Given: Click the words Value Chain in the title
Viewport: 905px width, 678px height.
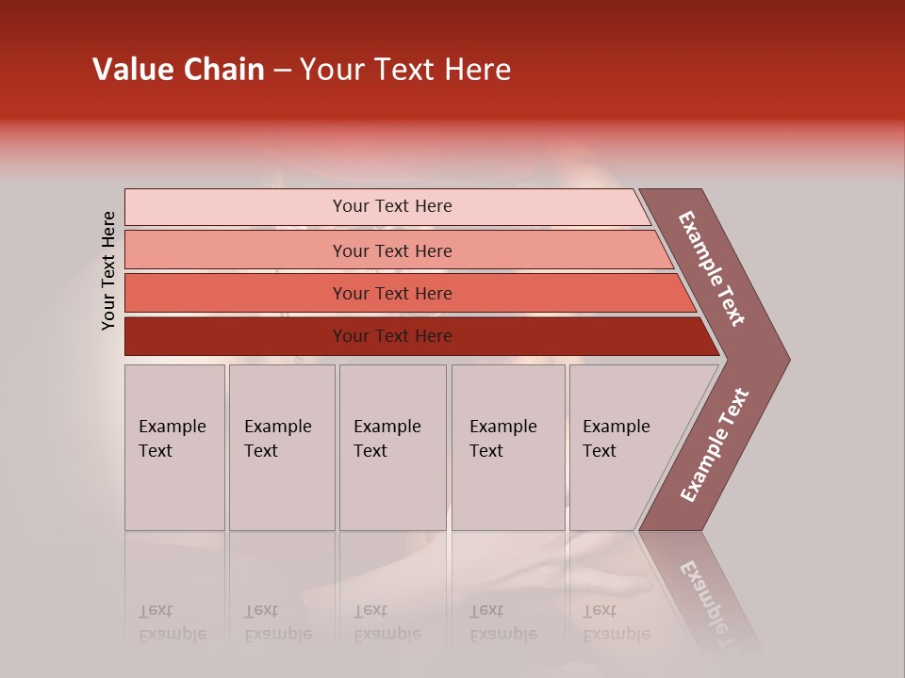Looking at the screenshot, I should coord(178,70).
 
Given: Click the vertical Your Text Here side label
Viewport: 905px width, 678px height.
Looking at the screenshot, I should coord(108,270).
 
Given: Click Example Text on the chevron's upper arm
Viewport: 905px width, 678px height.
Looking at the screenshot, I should coord(712,268).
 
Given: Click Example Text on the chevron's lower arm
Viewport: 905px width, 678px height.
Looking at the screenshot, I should coord(714,445).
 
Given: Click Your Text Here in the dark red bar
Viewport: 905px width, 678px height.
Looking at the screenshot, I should coord(392,336).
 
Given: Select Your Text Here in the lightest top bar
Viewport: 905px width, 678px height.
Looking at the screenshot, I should coord(392,206).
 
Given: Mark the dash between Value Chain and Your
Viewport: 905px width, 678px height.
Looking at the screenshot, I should coord(282,71).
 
